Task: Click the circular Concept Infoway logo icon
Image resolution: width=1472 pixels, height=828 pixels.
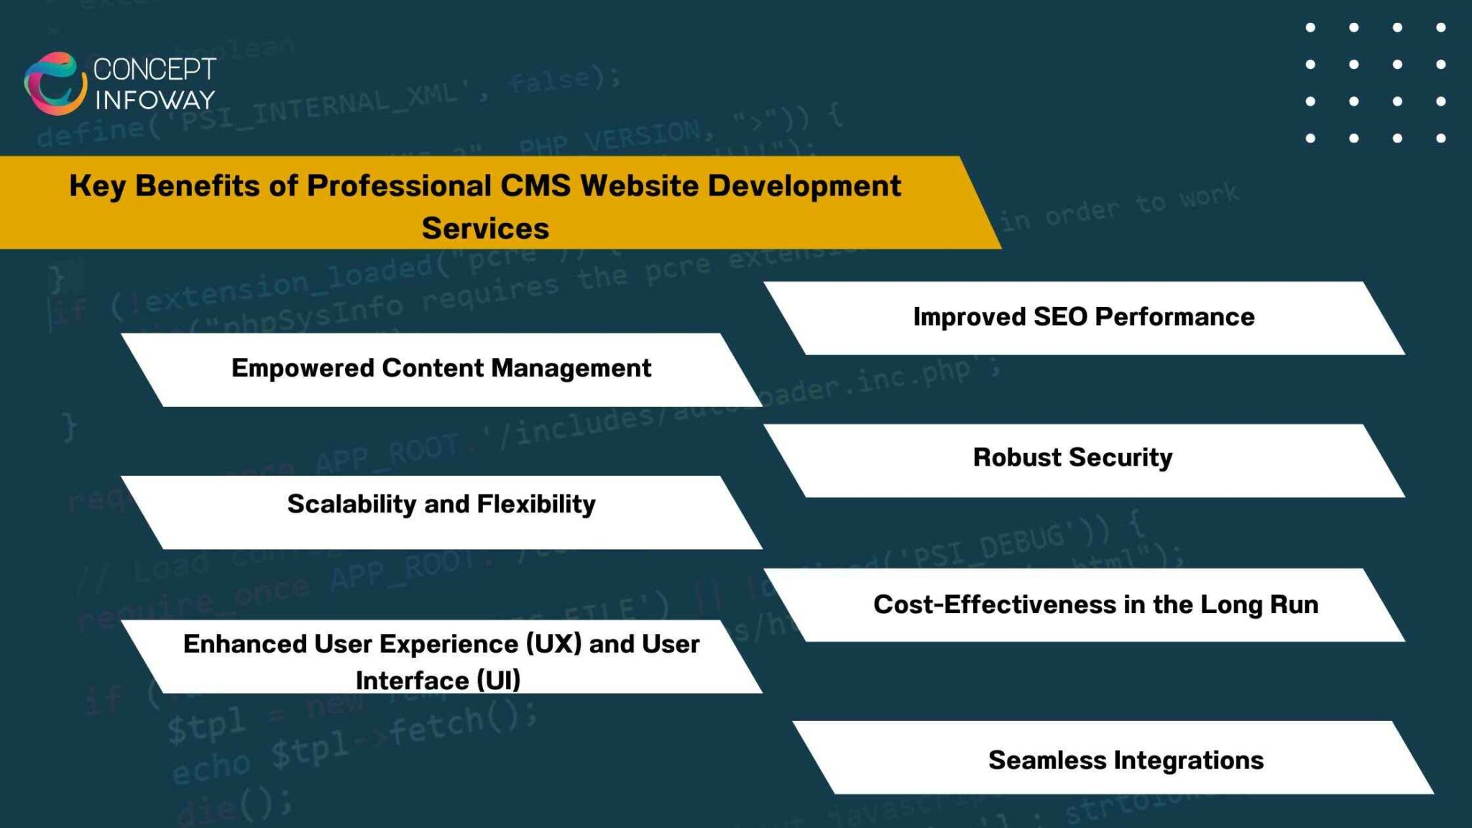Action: tap(55, 83)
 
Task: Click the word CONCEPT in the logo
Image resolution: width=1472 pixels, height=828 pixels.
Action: tap(155, 70)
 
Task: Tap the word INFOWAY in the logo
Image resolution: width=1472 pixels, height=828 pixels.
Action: tap(155, 100)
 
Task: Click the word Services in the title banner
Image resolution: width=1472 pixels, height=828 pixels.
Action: tap(485, 229)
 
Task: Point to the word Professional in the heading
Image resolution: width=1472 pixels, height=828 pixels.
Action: tap(399, 186)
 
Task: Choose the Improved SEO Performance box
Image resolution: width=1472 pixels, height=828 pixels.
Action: tap(1083, 318)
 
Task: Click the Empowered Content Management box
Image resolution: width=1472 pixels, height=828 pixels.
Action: tap(441, 369)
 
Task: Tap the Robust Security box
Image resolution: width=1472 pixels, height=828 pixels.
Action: tap(1083, 460)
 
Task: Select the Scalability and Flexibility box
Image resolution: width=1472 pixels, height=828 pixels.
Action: tap(441, 511)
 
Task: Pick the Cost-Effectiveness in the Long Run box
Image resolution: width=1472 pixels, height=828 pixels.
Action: tap(1083, 604)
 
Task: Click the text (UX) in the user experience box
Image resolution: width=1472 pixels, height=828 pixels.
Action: tap(553, 644)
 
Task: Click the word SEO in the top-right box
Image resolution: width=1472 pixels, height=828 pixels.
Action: tap(1060, 317)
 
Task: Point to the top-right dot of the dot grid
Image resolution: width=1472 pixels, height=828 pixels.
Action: tap(1440, 28)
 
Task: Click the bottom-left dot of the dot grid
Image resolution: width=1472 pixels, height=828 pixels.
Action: tap(1310, 138)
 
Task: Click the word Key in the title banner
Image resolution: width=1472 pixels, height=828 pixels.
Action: tap(97, 186)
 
